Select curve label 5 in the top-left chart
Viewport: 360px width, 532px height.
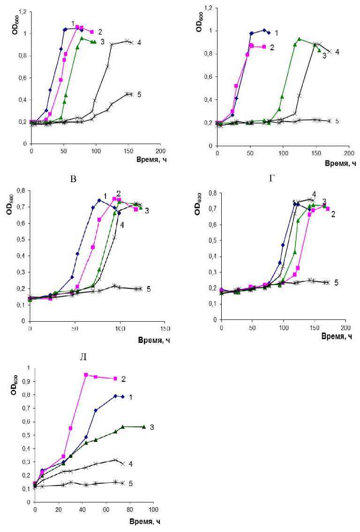139,94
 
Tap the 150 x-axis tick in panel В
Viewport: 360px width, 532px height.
165,328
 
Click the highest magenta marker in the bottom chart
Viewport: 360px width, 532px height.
86,375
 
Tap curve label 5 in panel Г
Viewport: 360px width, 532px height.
337,283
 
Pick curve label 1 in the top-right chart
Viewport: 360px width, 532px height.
276,33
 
